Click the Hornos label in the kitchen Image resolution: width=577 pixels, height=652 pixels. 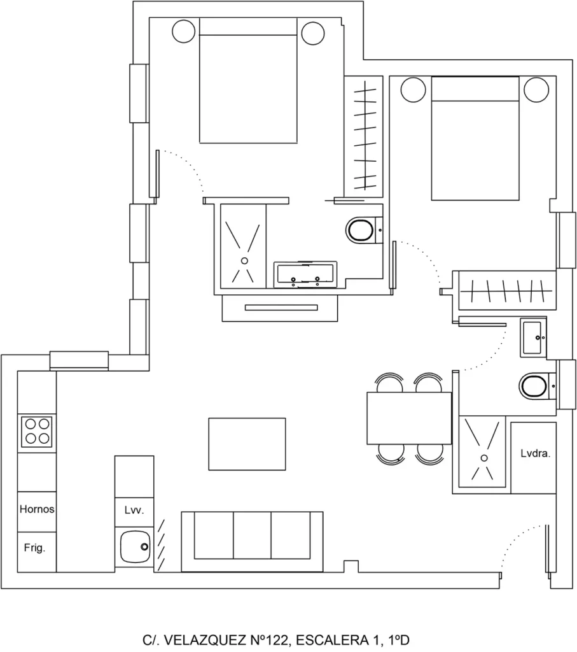tap(36, 509)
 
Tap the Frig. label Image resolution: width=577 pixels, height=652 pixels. tap(34, 548)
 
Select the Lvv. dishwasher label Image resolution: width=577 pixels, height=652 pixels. tap(134, 510)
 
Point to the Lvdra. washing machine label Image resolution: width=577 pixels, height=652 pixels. tap(535, 453)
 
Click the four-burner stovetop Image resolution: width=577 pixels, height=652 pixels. tap(37, 431)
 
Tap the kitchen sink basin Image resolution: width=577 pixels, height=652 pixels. tap(135, 547)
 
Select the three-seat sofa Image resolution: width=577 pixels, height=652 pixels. tap(252, 541)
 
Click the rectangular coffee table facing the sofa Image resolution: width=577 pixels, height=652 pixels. tap(247, 444)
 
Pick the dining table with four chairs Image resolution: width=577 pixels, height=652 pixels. tap(409, 418)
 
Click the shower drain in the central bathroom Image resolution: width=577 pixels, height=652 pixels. tap(244, 260)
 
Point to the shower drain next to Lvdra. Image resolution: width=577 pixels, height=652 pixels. tap(484, 458)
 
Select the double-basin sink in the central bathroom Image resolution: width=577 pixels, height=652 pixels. tap(305, 274)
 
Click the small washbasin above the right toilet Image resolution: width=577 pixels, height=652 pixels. tap(533, 337)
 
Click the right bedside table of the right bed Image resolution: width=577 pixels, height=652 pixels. tap(536, 89)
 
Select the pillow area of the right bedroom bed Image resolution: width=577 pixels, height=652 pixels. tap(475, 89)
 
